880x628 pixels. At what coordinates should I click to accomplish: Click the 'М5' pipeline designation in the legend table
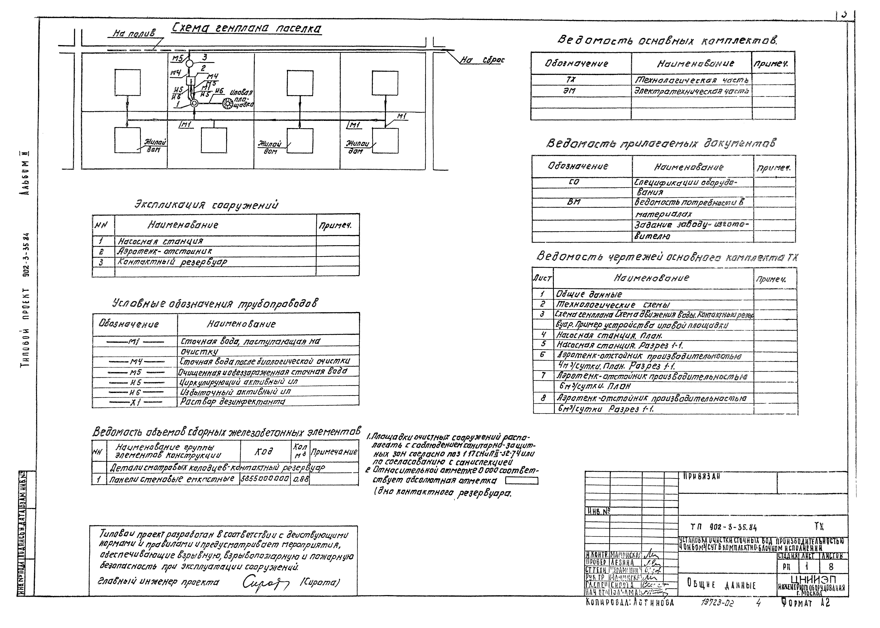135,372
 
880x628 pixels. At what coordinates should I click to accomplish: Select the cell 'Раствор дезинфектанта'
233,402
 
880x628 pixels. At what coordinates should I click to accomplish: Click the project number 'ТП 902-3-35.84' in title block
723,527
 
